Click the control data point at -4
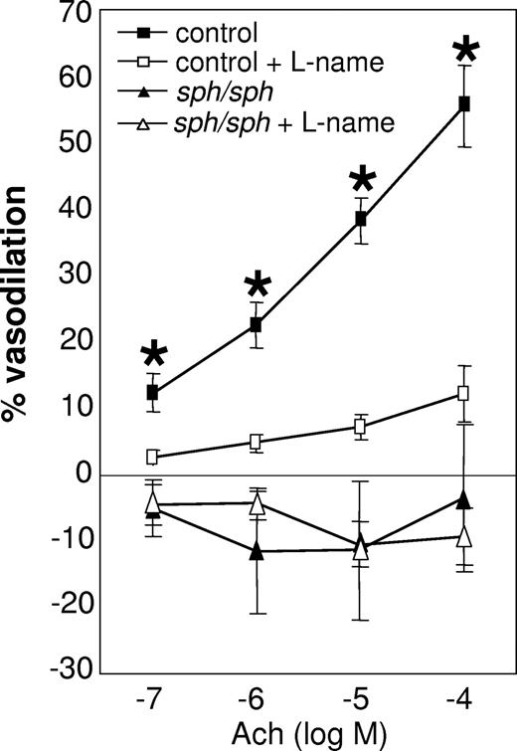click(463, 103)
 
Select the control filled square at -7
click(152, 392)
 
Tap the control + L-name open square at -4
click(463, 393)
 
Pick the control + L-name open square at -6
click(256, 442)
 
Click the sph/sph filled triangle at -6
click(256, 551)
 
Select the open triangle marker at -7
click(152, 501)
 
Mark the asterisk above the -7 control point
click(153, 356)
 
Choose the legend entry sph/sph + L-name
click(258, 123)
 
